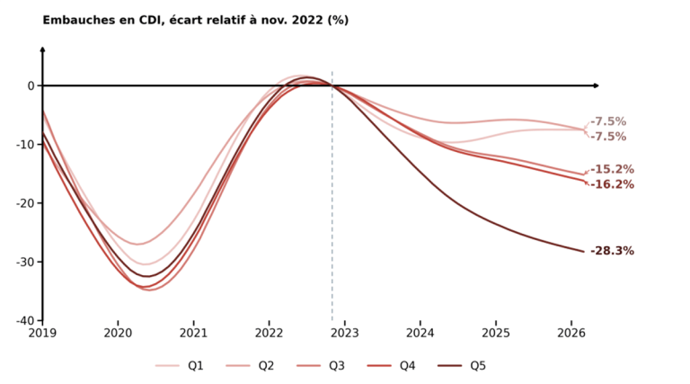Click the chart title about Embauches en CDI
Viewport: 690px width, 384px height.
(195, 21)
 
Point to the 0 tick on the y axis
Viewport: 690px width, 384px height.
(31, 85)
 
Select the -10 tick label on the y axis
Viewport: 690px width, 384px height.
(25, 145)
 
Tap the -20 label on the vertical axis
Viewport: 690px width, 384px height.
(25, 203)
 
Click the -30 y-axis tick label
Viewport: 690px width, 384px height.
(25, 262)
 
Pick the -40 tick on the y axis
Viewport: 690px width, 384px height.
(25, 320)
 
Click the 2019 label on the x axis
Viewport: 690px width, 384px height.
(43, 333)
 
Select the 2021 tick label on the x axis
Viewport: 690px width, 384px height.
(194, 333)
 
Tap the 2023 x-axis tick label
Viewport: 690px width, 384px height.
(345, 333)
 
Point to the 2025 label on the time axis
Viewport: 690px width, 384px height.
(496, 333)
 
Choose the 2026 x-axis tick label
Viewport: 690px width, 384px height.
(571, 333)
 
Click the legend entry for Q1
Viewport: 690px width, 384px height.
(179, 365)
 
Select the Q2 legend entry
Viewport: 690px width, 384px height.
(250, 365)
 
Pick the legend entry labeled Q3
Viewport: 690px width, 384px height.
(321, 365)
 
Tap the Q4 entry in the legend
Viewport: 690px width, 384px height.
(391, 365)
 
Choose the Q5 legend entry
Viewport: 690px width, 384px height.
(462, 365)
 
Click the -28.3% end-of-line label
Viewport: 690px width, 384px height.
(612, 251)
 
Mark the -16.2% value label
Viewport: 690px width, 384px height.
(612, 184)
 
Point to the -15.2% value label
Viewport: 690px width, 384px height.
(612, 170)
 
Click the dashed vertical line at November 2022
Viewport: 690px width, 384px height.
(332, 196)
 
